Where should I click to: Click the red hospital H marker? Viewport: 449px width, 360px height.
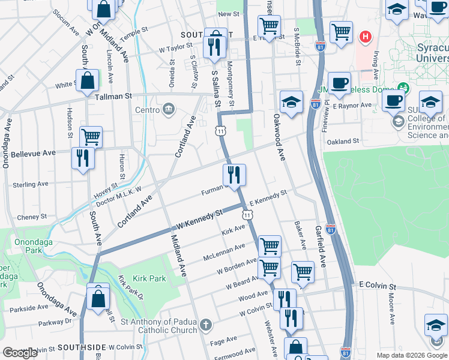coord(364,37)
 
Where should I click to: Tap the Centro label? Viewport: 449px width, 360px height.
coord(147,110)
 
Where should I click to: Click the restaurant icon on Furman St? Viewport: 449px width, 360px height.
coord(234,175)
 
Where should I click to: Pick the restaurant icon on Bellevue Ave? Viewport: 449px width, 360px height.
coord(82,158)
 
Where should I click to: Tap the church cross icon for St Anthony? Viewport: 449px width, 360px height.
coord(206,326)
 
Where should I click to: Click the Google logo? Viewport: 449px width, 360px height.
coord(20,353)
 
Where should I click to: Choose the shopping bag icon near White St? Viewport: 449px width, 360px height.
coord(88,80)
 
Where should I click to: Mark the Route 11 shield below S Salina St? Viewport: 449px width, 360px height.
coord(221,130)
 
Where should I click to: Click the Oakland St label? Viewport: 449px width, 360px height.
coord(342,142)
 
